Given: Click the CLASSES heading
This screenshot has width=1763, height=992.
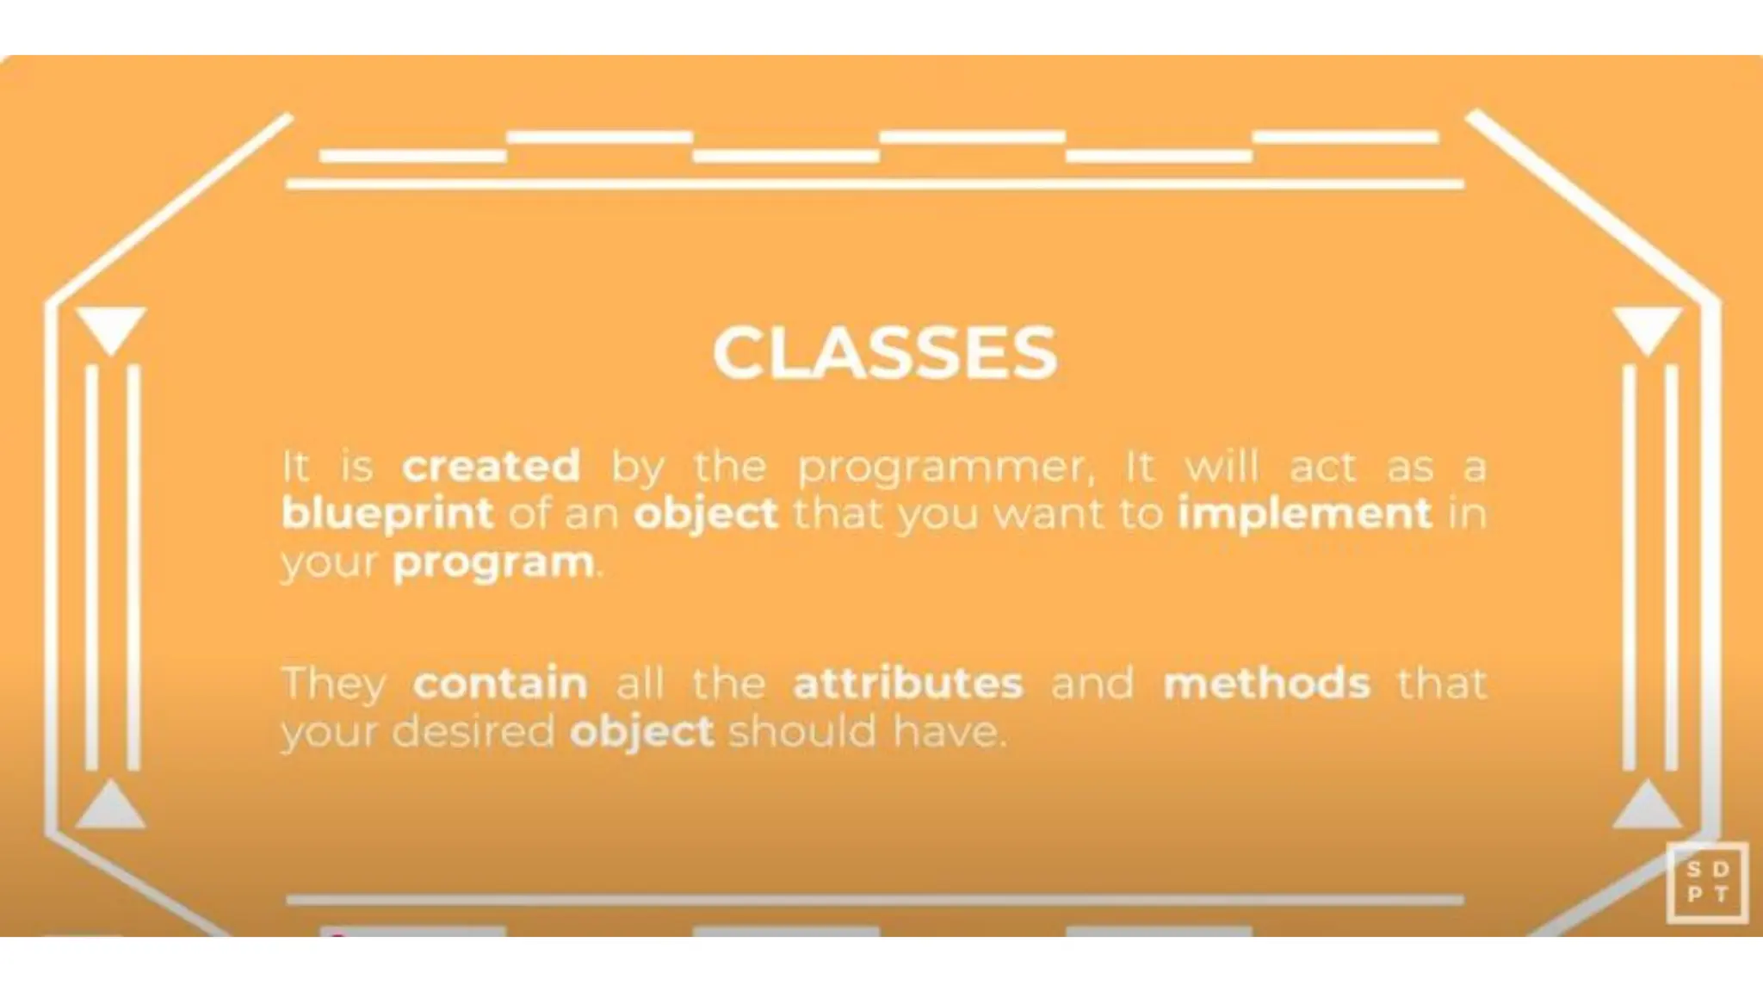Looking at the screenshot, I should [x=884, y=353].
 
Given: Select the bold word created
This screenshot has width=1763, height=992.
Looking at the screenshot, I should [x=492, y=466].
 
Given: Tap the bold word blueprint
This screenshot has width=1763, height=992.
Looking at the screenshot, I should [x=387, y=514].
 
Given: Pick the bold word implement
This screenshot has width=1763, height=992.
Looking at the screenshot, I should [x=1304, y=514].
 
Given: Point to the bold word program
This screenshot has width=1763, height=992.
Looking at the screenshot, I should [x=493, y=564].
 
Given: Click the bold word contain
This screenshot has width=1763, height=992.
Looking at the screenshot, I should [x=500, y=684].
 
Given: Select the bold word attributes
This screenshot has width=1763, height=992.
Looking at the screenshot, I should [x=908, y=684].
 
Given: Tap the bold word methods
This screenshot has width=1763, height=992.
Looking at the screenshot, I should [x=1266, y=684].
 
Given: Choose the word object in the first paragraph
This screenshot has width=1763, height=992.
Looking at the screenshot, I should [x=706, y=514].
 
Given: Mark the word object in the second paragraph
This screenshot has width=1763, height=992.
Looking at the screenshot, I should [x=641, y=733].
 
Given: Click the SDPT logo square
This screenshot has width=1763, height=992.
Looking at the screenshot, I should [x=1707, y=883].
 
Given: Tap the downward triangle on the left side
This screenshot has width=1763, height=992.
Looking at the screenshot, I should [x=111, y=328].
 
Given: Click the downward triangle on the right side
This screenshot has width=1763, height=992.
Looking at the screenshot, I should [x=1647, y=328].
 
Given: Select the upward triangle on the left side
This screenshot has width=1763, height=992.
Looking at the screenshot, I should [x=111, y=807].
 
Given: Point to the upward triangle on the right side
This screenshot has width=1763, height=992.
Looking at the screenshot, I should [x=1647, y=807].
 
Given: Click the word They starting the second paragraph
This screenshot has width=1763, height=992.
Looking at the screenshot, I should [x=334, y=685].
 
